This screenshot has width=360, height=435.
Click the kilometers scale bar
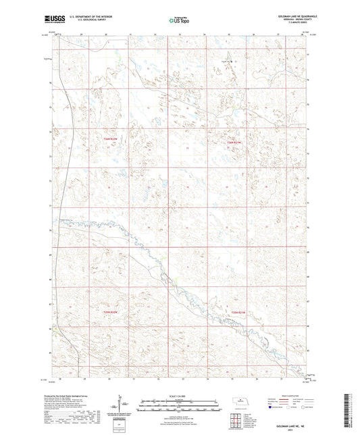click(178, 401)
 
